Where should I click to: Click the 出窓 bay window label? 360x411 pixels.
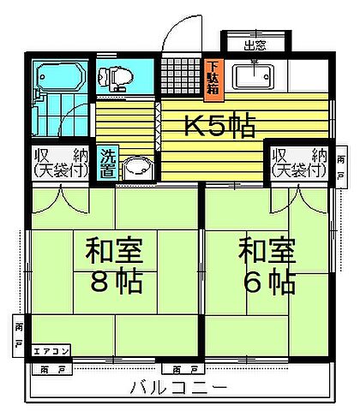tap(254, 45)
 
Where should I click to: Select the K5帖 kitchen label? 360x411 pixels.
tap(221, 127)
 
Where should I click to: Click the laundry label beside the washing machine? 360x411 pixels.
tap(108, 163)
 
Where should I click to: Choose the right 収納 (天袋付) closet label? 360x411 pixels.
tap(299, 163)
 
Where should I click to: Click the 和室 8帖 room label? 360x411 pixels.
tap(114, 265)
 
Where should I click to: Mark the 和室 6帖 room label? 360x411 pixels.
tap(267, 265)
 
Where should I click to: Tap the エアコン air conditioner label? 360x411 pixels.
tap(46, 349)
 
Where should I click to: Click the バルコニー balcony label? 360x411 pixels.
tap(178, 387)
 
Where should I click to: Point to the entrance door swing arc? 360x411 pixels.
tap(178, 34)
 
